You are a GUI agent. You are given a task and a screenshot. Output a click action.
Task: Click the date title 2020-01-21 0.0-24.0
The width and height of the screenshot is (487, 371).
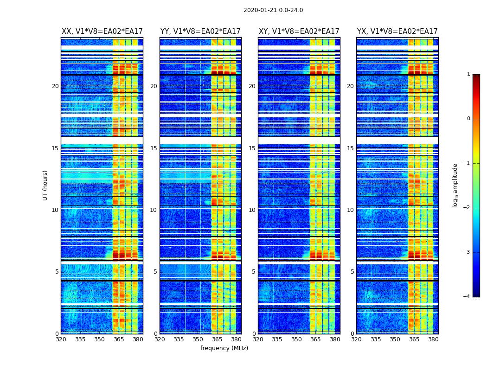coord(273,10)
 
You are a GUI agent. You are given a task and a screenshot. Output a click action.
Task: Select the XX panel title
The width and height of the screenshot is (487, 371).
coord(102,32)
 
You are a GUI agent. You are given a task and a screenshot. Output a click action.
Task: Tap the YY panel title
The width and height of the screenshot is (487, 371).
coord(200,32)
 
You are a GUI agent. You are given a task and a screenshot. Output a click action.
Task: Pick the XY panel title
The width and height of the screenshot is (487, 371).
coord(299,32)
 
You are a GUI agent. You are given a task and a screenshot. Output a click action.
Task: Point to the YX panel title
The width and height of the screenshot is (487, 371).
coord(397,32)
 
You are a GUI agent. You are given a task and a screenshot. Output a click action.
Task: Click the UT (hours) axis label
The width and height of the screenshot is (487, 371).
coord(45,185)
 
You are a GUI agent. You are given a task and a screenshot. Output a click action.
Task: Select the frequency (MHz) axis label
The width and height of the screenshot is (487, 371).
coord(224,348)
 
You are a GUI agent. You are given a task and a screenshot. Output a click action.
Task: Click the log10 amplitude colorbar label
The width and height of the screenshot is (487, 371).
coord(455,185)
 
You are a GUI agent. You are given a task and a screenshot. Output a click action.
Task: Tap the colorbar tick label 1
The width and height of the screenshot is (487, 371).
coord(468,74)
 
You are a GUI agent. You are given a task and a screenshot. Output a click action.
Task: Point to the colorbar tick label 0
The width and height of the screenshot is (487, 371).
coord(468,119)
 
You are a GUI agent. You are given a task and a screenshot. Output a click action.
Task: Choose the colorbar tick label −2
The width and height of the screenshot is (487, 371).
coord(467,208)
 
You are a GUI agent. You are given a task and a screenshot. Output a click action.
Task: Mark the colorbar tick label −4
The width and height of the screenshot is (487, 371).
coord(467,297)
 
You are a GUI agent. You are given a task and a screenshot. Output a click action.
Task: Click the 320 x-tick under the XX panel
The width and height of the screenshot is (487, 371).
coord(61,339)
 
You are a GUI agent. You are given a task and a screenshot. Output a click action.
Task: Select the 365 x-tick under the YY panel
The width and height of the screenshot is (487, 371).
coord(217,339)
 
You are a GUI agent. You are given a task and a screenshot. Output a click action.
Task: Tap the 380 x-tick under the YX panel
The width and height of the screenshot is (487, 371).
coord(433,339)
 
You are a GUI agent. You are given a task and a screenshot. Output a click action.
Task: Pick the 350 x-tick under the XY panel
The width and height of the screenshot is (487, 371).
coord(296,339)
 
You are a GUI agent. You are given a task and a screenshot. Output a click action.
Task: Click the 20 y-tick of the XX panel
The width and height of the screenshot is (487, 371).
coord(55,86)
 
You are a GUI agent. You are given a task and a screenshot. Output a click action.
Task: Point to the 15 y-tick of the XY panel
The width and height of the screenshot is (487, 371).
coord(252,148)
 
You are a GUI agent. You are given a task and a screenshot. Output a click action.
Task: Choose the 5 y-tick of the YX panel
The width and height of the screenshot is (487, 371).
coord(352,272)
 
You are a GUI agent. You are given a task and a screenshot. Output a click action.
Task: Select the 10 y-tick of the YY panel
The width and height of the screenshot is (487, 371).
coord(154,210)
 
